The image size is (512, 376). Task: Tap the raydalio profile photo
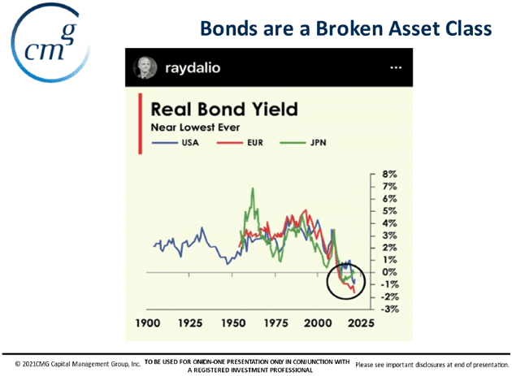click(x=145, y=68)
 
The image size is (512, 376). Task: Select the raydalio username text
click(x=193, y=68)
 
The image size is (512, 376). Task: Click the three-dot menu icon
click(x=396, y=67)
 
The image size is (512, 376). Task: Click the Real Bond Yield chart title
click(x=224, y=109)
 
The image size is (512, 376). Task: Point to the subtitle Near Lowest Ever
click(x=195, y=127)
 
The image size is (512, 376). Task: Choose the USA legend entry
click(x=176, y=143)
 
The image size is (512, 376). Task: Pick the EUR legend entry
click(x=240, y=143)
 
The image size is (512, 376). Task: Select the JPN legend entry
click(x=303, y=143)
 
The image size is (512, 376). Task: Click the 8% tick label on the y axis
click(x=389, y=175)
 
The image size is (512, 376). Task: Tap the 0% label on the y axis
click(x=389, y=272)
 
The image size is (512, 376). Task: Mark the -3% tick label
click(x=389, y=309)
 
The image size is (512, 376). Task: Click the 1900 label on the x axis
click(x=148, y=323)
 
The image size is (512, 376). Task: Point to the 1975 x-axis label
click(x=276, y=323)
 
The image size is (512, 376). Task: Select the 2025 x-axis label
click(x=361, y=323)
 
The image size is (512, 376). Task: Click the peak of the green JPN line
click(x=253, y=188)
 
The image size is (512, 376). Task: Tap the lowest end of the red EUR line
click(x=354, y=293)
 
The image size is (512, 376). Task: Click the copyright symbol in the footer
click(x=18, y=364)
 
